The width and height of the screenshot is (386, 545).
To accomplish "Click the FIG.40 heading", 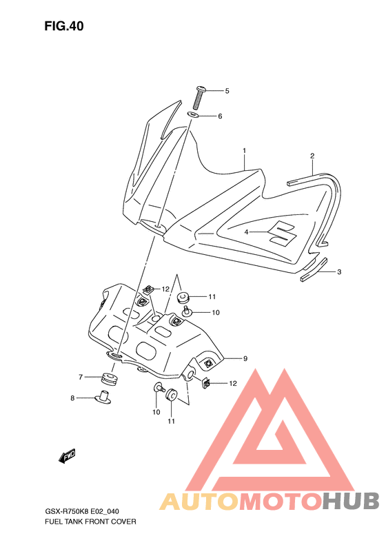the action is pos(64,26).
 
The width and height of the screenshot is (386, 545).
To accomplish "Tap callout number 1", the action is pos(245,151).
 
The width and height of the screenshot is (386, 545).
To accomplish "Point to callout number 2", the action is pos(312,156).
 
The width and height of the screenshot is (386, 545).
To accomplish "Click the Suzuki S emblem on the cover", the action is pos(283,232).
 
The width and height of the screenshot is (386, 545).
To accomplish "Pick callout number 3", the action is pos(339,271).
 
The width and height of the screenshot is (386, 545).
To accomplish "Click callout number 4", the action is pos(246,232).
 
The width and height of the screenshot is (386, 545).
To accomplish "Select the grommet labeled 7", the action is pos(110,378).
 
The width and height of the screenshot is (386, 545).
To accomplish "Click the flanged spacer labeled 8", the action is pos(103,398).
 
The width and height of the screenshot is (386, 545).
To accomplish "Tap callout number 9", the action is pos(245,358).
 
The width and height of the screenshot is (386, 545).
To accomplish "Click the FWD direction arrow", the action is pos(67,456).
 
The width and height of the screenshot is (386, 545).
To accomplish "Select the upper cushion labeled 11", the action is pos(183,298).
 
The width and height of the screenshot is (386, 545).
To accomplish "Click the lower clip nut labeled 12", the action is pos(206,383).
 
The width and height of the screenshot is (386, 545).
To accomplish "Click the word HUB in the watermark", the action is pos(351,502).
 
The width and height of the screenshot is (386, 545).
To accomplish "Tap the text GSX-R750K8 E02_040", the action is pos(82,512).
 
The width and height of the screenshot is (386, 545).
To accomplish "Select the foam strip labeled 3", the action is pos(314,269).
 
